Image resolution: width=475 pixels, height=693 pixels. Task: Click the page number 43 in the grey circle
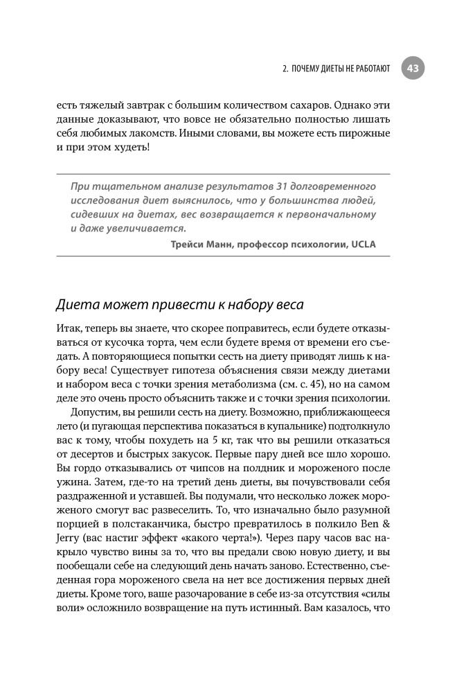(413, 68)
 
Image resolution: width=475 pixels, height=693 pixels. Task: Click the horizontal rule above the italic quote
(222, 173)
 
